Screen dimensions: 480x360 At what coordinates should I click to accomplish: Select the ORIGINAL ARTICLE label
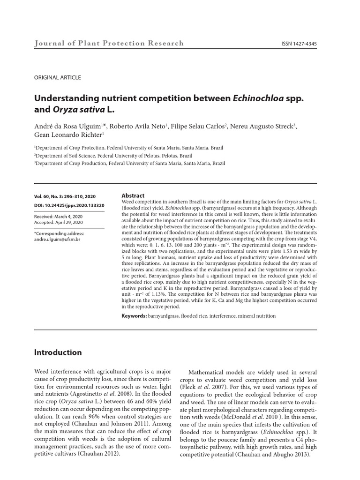pyautogui.click(x=58, y=78)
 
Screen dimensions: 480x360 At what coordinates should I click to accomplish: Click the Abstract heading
pyautogui.click(x=133, y=195)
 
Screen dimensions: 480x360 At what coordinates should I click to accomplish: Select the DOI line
pyautogui.click(x=69, y=205)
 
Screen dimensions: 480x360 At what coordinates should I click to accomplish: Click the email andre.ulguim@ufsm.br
pyautogui.click(x=57, y=239)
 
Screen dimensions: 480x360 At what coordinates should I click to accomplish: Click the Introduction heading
pyautogui.click(x=58, y=352)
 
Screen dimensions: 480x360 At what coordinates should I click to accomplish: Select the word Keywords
pyautogui.click(x=134, y=317)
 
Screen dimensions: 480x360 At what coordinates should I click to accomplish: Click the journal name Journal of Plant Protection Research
pyautogui.click(x=109, y=44)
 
